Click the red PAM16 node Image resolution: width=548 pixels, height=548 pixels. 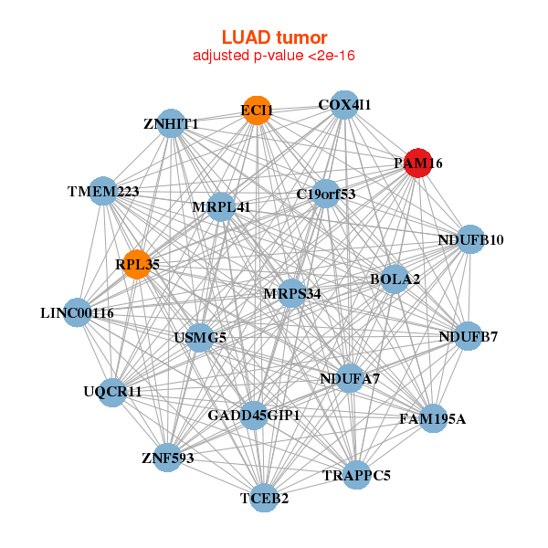(418, 163)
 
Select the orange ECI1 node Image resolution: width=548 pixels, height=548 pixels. (257, 111)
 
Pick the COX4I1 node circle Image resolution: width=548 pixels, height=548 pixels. (343, 105)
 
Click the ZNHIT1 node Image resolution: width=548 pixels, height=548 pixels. (172, 123)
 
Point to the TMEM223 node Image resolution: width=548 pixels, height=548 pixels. (103, 192)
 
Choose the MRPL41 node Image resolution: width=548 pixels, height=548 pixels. (221, 207)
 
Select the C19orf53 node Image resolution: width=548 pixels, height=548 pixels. (326, 194)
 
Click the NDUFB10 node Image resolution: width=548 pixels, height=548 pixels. (469, 240)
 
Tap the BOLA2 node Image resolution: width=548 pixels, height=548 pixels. (395, 278)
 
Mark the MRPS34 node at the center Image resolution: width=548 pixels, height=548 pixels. (291, 293)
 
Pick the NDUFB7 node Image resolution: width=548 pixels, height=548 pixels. (468, 336)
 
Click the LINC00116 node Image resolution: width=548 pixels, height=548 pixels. (78, 312)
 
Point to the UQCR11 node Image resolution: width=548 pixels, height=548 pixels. (112, 392)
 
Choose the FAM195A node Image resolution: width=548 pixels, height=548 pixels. (432, 418)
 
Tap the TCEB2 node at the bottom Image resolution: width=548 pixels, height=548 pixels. (264, 498)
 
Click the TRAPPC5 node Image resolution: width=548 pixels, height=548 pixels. (357, 475)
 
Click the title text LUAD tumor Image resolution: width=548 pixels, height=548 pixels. (274, 37)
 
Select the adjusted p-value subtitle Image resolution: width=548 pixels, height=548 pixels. (274, 56)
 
